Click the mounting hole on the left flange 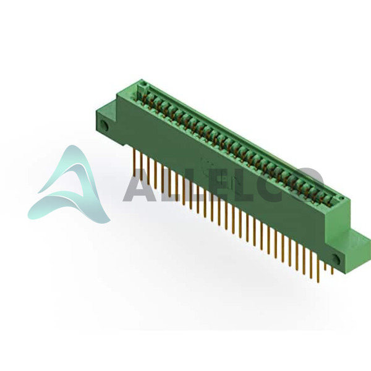(x=104, y=126)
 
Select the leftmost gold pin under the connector (x=135, y=160)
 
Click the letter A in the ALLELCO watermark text (x=139, y=184)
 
